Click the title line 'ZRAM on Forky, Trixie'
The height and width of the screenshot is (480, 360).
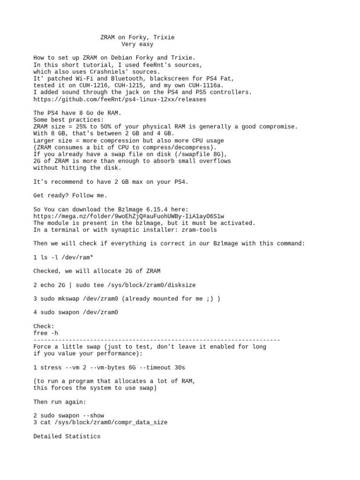pyautogui.click(x=137, y=37)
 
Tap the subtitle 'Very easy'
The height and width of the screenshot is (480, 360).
pyautogui.click(x=137, y=45)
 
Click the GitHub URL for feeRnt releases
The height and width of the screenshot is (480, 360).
pyautogui.click(x=120, y=99)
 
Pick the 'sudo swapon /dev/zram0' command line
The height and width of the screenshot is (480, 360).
pyautogui.click(x=79, y=312)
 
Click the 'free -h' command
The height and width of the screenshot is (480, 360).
pyautogui.click(x=46, y=333)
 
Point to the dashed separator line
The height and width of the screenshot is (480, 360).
pyautogui.click(x=157, y=340)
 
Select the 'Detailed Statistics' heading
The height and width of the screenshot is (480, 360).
pyautogui.click(x=67, y=436)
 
